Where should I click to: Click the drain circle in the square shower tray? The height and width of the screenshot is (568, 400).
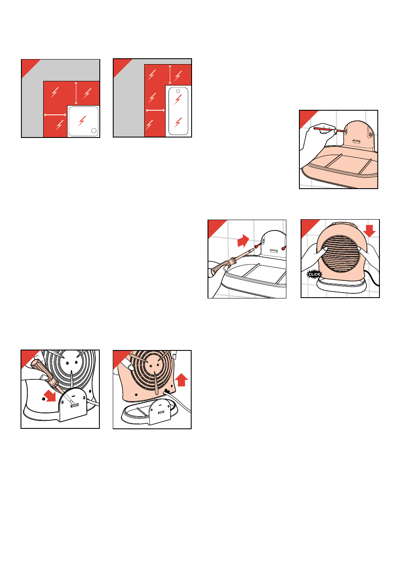click(x=94, y=131)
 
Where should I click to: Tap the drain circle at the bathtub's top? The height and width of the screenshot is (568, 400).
click(x=178, y=91)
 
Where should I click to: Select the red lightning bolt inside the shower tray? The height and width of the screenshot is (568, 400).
click(x=82, y=121)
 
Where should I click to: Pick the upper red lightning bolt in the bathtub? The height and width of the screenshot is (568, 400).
click(x=178, y=100)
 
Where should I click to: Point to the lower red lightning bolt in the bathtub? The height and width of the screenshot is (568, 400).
click(x=178, y=122)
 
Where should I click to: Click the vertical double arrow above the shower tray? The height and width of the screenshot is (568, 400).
click(x=76, y=93)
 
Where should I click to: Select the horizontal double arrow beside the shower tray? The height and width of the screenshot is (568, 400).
click(x=55, y=115)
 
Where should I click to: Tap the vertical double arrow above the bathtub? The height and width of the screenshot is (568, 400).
click(x=170, y=75)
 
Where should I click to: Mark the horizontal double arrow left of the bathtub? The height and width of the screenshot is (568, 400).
click(x=155, y=110)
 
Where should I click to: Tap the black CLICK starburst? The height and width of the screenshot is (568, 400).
click(x=314, y=275)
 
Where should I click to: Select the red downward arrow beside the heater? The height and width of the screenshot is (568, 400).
click(x=369, y=231)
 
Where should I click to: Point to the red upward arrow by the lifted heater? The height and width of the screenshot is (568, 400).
click(x=182, y=380)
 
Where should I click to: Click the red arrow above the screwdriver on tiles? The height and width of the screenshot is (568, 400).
click(x=243, y=241)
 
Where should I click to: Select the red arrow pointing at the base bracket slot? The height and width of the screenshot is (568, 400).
click(x=50, y=396)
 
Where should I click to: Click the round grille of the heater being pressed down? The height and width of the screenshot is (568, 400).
click(x=340, y=254)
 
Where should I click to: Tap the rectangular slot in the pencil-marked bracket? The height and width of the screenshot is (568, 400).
click(x=356, y=141)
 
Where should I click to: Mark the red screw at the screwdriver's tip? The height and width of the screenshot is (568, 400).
click(x=258, y=246)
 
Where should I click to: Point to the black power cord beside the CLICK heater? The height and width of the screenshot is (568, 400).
click(x=371, y=278)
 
